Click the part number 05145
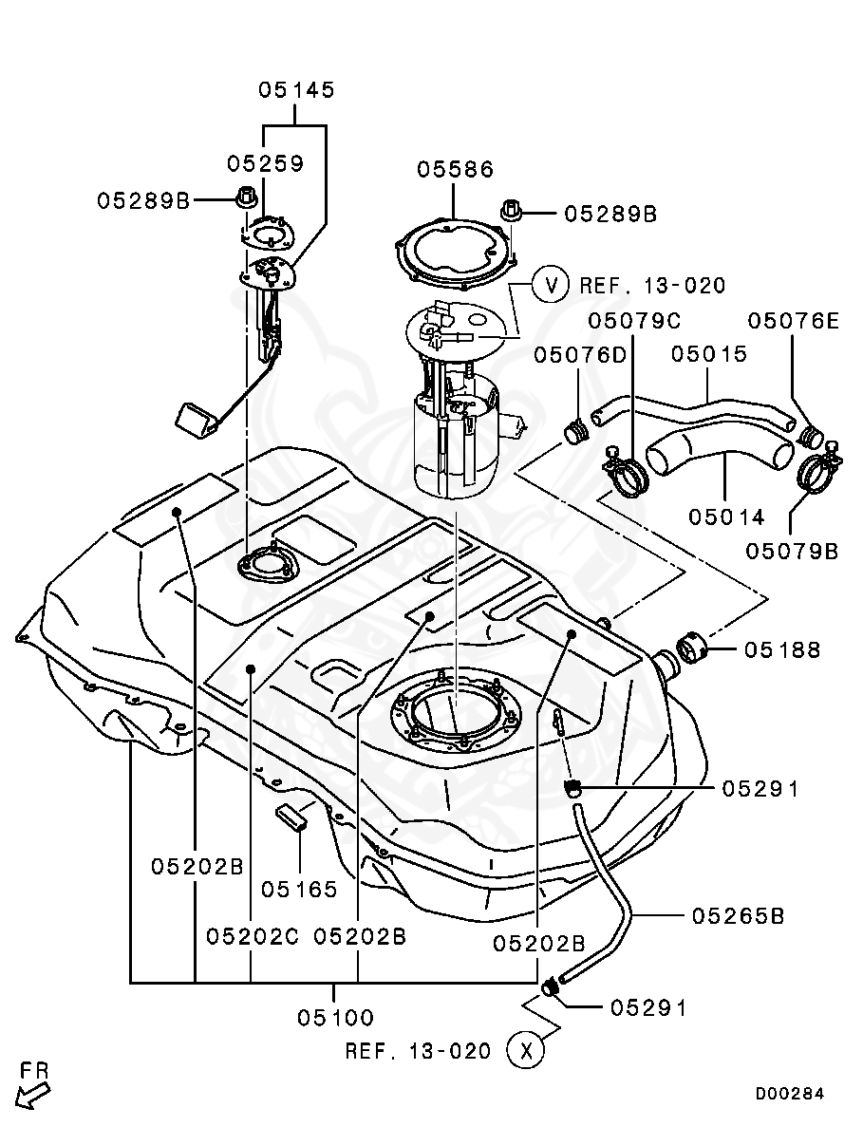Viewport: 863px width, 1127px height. [296, 91]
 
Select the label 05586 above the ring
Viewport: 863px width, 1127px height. [456, 170]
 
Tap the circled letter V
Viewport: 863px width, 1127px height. [550, 284]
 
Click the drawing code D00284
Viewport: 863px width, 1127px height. [790, 1094]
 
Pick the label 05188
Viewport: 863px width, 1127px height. [782, 650]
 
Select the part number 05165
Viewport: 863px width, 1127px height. [300, 890]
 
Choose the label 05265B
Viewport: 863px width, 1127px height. [738, 916]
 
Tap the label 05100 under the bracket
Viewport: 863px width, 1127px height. [336, 1018]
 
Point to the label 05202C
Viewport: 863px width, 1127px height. [253, 936]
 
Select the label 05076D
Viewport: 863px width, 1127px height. [580, 354]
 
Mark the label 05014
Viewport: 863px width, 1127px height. [726, 517]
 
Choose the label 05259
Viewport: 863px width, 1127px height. [265, 163]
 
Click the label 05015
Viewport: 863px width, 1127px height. [709, 354]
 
